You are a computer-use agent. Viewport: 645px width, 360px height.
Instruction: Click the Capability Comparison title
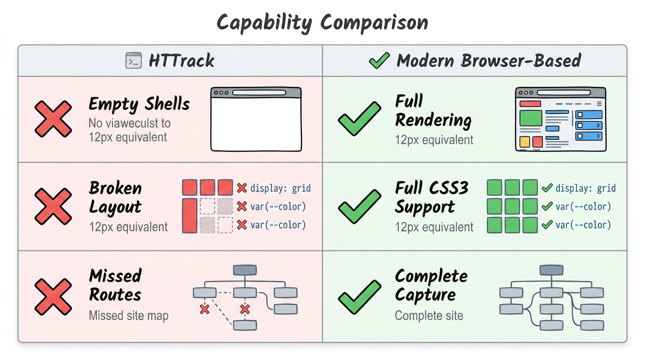(x=322, y=22)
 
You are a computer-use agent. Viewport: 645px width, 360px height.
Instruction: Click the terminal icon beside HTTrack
(x=134, y=61)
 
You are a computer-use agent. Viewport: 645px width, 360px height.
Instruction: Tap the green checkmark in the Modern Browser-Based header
(x=379, y=60)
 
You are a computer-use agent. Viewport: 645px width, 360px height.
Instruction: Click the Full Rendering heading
(x=433, y=111)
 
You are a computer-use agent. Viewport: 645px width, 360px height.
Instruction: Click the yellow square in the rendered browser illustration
(x=525, y=142)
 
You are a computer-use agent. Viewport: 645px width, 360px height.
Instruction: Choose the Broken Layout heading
(x=115, y=197)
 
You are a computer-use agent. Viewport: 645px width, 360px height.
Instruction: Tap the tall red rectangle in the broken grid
(x=189, y=216)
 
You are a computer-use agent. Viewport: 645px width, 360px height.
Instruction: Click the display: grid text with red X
(x=280, y=188)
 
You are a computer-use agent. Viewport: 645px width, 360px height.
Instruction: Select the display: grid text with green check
(x=585, y=188)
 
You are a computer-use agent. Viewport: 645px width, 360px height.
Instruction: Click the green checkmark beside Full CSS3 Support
(x=360, y=206)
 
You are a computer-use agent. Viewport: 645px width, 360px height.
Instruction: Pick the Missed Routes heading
(x=115, y=285)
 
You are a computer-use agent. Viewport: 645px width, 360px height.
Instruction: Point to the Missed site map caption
(x=128, y=316)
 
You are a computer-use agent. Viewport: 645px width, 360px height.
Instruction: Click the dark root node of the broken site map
(x=245, y=270)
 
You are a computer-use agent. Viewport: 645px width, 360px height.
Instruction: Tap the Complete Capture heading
(x=431, y=285)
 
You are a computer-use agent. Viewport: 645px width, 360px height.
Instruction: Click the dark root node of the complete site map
(x=551, y=270)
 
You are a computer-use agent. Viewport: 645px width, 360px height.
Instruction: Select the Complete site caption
(x=429, y=315)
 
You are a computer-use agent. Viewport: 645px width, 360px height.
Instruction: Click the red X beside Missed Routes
(x=53, y=296)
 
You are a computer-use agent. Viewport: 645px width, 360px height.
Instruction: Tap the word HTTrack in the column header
(x=181, y=61)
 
